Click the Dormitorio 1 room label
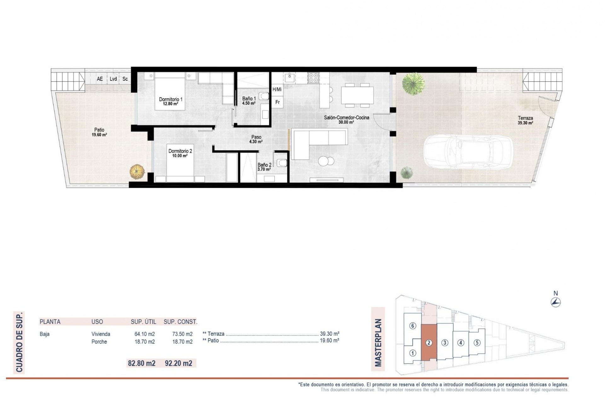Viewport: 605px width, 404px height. pos(170,99)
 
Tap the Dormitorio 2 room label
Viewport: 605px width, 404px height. pos(180,151)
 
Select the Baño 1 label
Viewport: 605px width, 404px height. pos(249,99)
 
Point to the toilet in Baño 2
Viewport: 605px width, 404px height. pos(281,163)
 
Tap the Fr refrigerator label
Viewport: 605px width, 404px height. pos(278,102)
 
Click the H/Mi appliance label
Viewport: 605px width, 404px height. pos(277,90)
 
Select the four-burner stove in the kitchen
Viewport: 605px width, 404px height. pos(313,78)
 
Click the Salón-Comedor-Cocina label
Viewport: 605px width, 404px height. pos(347,118)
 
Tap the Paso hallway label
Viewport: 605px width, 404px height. pos(256,137)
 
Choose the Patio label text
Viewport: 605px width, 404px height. pos(99,130)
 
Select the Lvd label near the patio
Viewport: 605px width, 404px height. pos(113,79)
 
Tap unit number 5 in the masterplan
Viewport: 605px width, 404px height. pos(477,342)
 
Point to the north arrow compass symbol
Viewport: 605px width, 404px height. pos(556,302)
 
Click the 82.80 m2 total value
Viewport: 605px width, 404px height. pos(141,363)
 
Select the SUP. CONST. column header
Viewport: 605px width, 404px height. pos(180,322)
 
